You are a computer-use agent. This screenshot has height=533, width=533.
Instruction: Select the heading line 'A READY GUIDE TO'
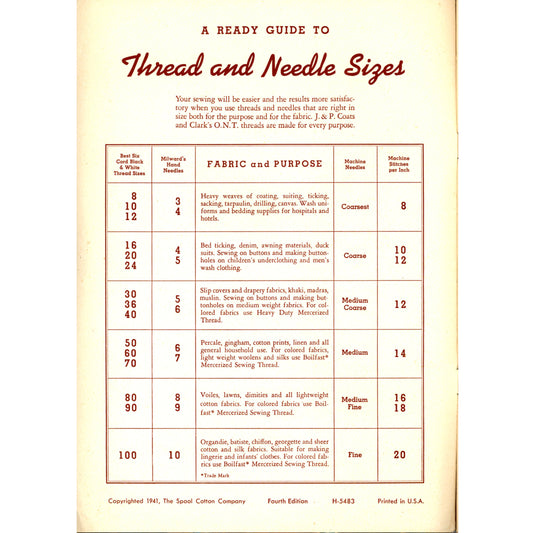(x=266, y=31)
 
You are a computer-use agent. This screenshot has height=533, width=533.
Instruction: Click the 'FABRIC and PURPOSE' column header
(x=265, y=163)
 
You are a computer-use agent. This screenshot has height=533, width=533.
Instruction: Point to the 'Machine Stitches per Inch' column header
(x=399, y=163)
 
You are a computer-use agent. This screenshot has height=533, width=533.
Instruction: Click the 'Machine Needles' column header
(x=355, y=163)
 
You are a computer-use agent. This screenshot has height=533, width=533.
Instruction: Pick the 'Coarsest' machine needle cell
(x=355, y=207)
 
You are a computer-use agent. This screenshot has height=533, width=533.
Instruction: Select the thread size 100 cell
(x=128, y=455)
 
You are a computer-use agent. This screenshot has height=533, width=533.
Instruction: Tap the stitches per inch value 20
(x=399, y=454)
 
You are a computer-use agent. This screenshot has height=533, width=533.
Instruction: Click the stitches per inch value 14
(x=399, y=353)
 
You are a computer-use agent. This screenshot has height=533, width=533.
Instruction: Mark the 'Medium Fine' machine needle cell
(x=355, y=402)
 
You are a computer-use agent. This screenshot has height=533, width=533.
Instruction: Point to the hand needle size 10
(x=174, y=455)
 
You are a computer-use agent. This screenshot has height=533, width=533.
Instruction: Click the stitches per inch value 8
(x=399, y=207)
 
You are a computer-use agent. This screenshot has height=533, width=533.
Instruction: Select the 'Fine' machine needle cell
(x=355, y=454)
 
